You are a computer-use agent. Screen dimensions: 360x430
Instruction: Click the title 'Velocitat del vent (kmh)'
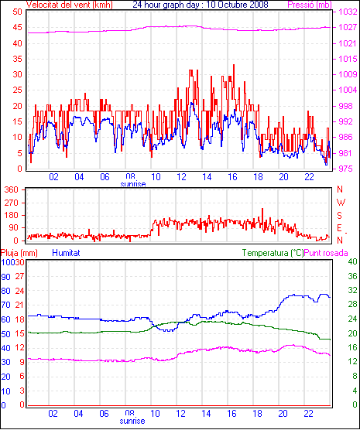(69, 5)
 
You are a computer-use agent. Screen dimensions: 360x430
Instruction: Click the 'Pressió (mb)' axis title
(310, 5)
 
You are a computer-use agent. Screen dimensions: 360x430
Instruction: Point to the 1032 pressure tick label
(348, 12)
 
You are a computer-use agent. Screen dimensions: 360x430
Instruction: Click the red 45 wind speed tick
(17, 27)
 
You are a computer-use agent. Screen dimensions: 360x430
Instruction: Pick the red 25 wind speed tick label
(17, 90)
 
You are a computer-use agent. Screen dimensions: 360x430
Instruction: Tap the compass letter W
(341, 203)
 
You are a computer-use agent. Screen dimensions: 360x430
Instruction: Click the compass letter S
(339, 216)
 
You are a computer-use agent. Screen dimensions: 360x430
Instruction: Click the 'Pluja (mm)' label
(19, 253)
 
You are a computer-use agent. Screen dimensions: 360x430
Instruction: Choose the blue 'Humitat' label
(66, 253)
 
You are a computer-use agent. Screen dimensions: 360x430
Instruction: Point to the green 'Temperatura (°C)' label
(273, 253)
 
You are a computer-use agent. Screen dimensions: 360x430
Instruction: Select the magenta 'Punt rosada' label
(326, 253)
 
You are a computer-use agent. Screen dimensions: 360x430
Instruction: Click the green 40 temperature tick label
(352, 262)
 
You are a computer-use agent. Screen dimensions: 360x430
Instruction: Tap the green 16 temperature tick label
(352, 347)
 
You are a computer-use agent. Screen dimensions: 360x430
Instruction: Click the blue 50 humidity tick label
(5, 334)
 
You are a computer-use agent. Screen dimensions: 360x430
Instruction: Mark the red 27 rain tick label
(19, 276)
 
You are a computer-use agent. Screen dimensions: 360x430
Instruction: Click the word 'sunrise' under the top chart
(133, 184)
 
